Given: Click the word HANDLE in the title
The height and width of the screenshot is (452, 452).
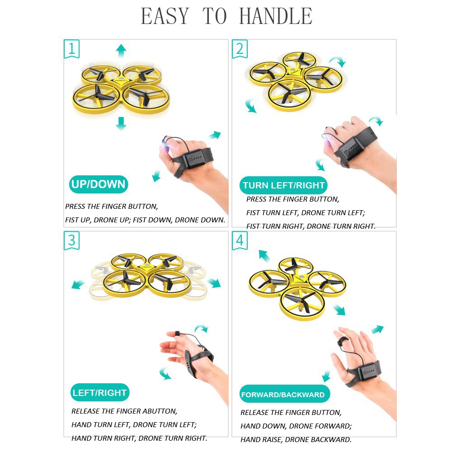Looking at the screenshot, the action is click(276, 16).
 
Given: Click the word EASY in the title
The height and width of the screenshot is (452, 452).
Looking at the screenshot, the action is click(165, 16).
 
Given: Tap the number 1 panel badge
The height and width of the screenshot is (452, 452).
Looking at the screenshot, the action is click(71, 49).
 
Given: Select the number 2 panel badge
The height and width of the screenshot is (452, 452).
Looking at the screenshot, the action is click(240, 49).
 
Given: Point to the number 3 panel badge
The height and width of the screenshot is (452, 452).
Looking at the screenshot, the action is click(71, 240).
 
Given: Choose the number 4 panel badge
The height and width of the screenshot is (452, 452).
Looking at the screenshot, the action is click(240, 240).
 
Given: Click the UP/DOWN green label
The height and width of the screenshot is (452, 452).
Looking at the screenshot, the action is click(98, 184).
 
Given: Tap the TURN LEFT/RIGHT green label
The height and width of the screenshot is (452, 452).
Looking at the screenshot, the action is click(283, 185).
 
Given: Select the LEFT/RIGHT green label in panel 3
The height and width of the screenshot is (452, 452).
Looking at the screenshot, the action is click(100, 392).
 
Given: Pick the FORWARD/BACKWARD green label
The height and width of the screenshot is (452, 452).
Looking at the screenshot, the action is click(284, 394).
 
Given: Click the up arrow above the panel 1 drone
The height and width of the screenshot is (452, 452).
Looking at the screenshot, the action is click(121, 51).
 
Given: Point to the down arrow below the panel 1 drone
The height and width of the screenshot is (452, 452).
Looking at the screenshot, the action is click(121, 123).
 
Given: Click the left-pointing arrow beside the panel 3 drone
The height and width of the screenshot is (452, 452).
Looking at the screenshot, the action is click(78, 284).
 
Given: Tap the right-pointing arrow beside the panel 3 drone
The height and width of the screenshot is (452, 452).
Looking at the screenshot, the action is click(214, 283).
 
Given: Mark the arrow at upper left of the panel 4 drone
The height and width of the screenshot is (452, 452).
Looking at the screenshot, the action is click(264, 255).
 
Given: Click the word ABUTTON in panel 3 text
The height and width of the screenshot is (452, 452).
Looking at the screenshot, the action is click(160, 411).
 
